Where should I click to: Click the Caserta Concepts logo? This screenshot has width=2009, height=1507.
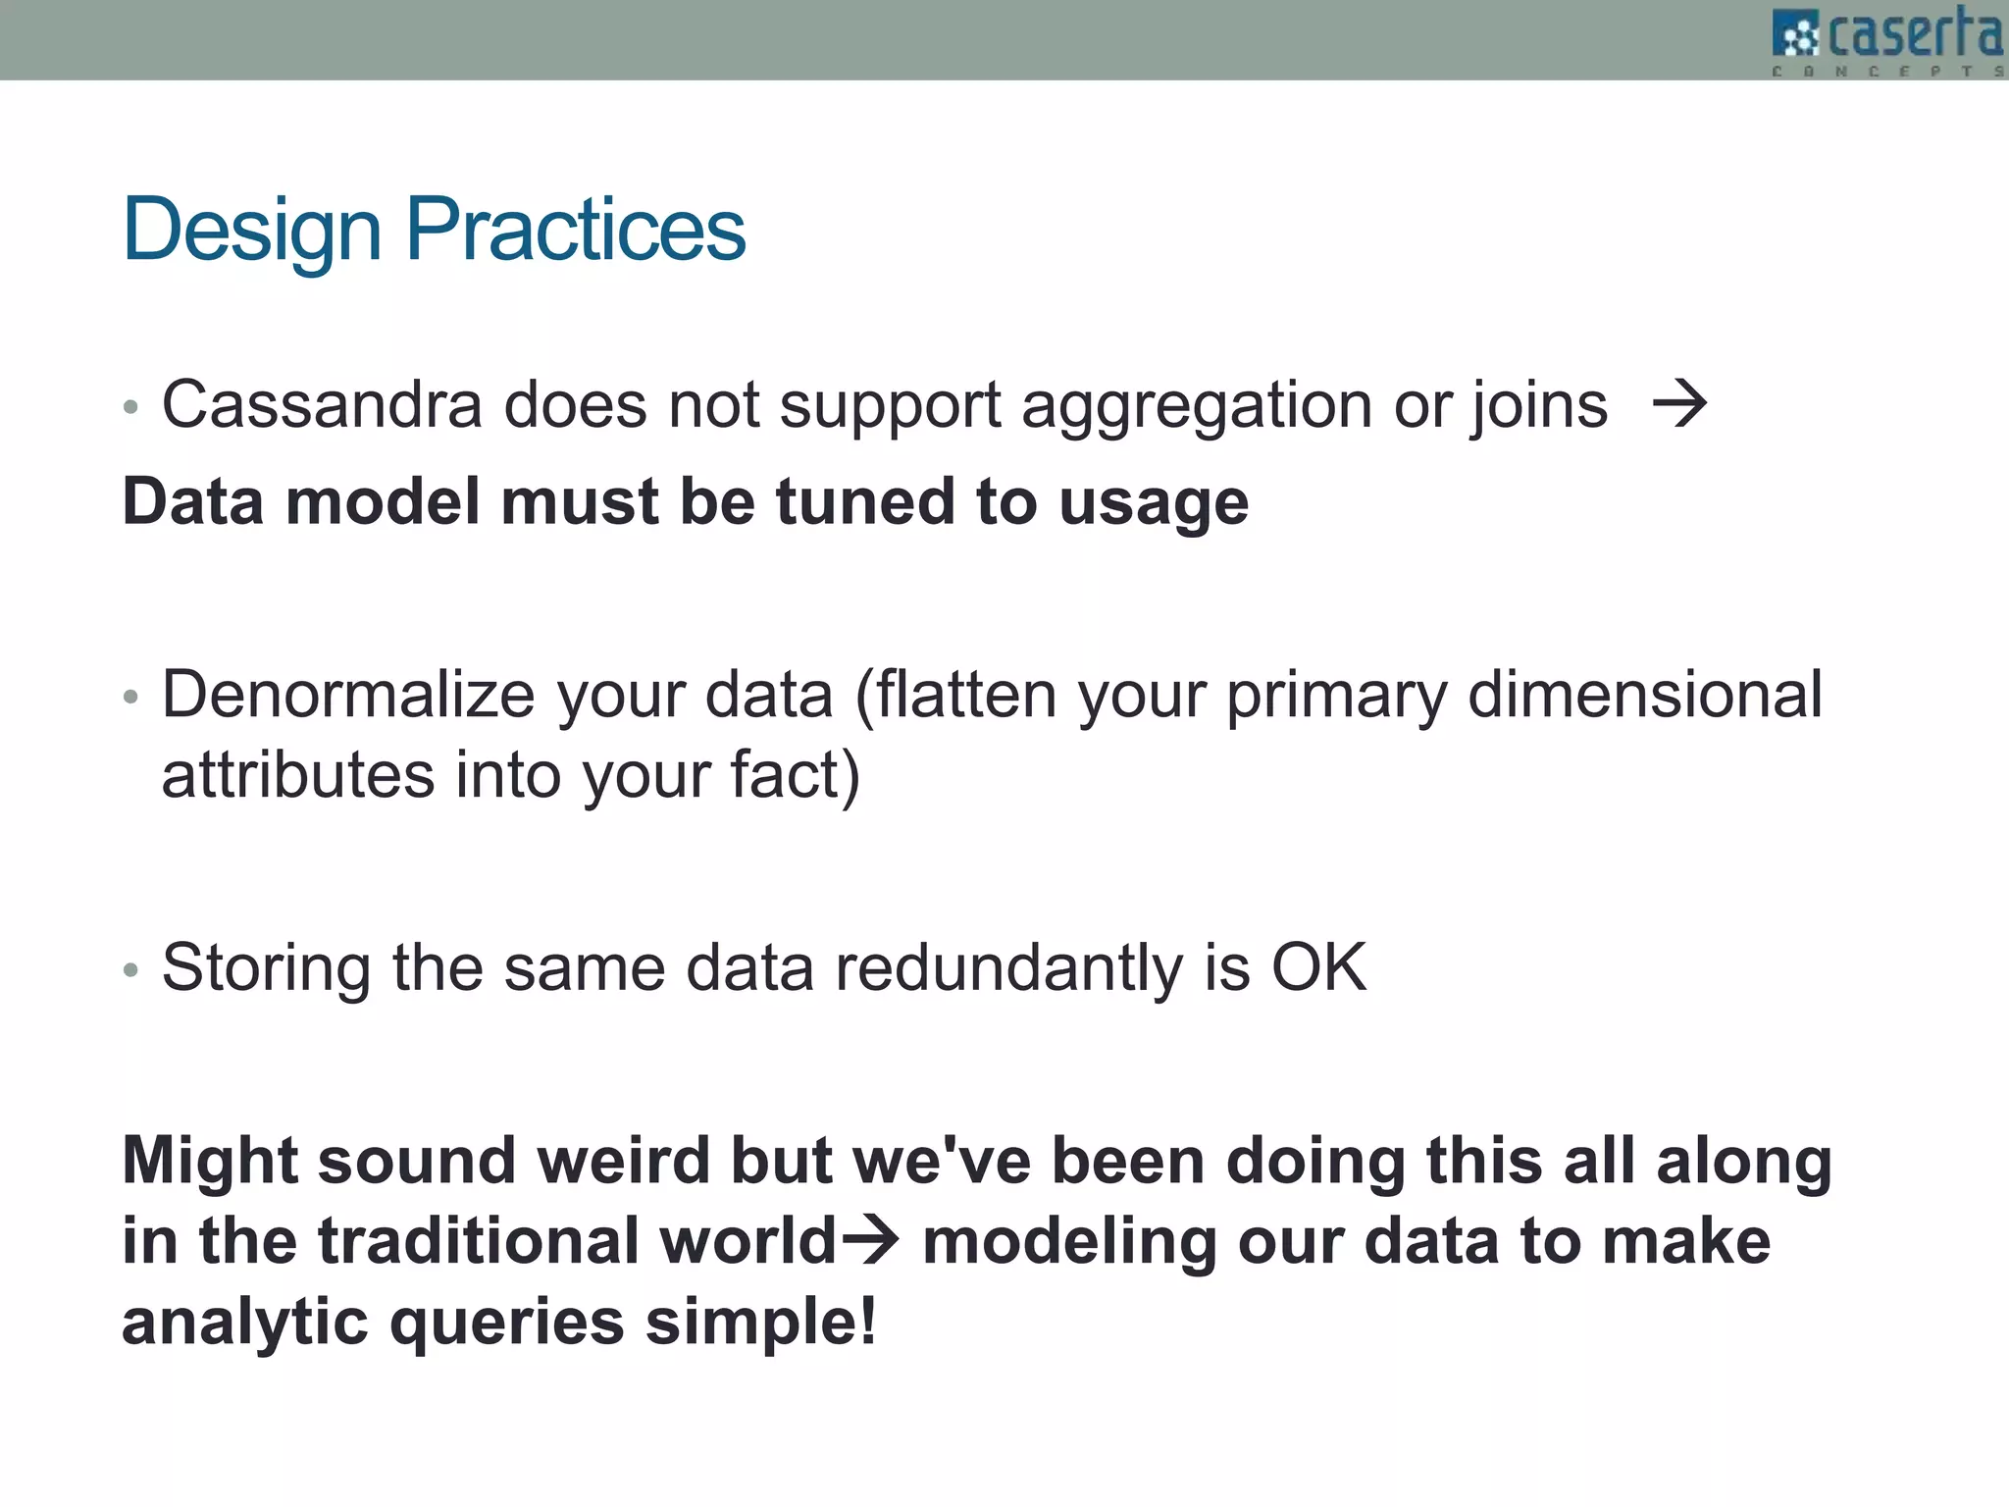(x=1887, y=39)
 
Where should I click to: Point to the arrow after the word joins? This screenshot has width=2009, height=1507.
(x=1679, y=405)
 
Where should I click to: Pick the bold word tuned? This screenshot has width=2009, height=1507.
(x=864, y=501)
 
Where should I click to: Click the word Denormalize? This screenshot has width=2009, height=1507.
(x=348, y=695)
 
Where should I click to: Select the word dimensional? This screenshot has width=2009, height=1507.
(x=1644, y=695)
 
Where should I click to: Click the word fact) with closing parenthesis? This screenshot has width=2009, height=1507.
(x=795, y=775)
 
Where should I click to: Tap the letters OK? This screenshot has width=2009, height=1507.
(x=1318, y=968)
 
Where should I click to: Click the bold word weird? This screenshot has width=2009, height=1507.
(x=623, y=1161)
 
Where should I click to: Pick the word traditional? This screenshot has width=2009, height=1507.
(x=478, y=1240)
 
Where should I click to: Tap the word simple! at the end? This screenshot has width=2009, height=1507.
(x=760, y=1321)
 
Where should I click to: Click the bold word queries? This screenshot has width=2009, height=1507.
(x=506, y=1323)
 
